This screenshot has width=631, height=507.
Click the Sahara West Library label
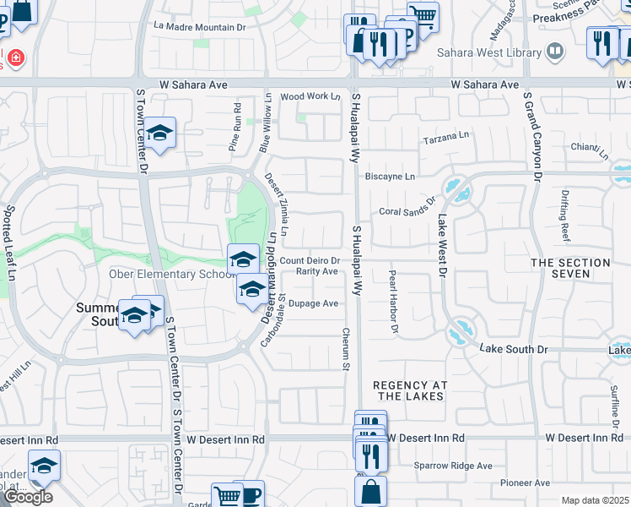pos(488,52)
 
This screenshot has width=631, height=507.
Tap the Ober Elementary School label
pos(171,274)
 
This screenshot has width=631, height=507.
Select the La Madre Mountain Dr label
pos(199,27)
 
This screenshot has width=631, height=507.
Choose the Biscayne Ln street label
pos(390,177)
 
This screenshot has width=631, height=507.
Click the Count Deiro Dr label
pos(310,261)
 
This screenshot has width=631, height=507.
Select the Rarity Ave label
pos(317,271)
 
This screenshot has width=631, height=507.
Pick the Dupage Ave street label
pos(313,303)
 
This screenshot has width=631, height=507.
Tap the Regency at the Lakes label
pos(410,390)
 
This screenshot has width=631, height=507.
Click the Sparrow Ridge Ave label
pos(453,466)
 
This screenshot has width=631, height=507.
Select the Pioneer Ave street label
pos(523,482)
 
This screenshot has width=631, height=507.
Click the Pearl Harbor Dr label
pos(392,302)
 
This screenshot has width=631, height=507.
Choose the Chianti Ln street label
pos(589,147)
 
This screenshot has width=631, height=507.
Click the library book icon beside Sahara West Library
pos(555,52)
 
